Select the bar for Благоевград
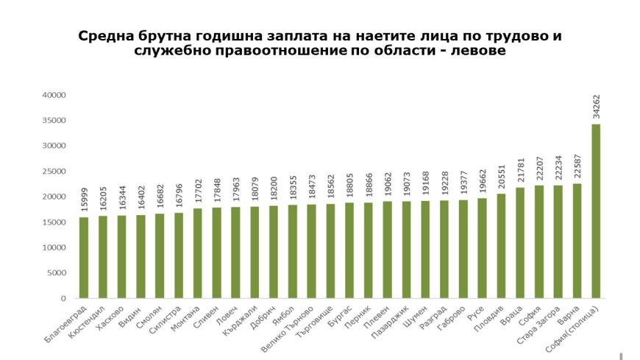click(84, 258)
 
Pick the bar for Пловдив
click(501, 246)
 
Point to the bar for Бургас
click(349, 250)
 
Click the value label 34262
click(596, 107)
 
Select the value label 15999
click(84, 202)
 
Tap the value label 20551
click(501, 179)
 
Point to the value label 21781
click(520, 172)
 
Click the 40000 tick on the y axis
click(54, 95)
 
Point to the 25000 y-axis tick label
click(54, 172)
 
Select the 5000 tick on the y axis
click(57, 273)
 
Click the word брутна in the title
click(171, 36)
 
